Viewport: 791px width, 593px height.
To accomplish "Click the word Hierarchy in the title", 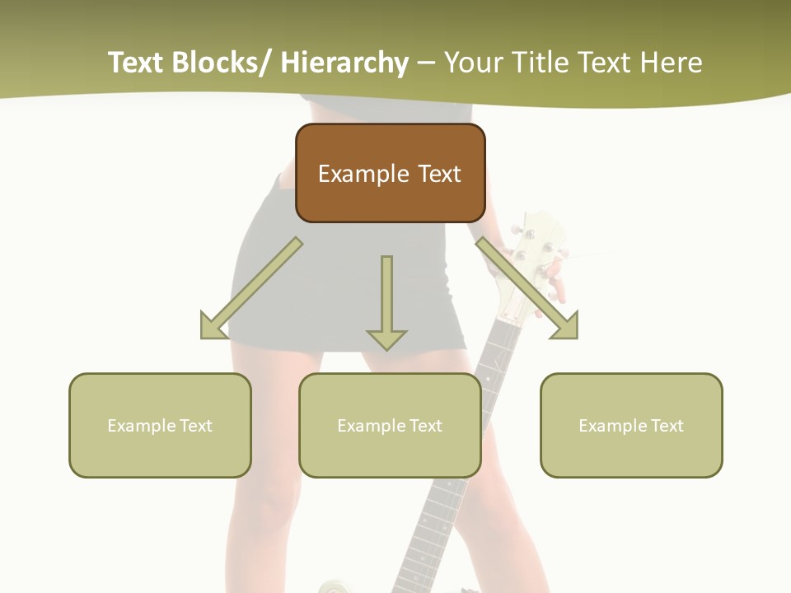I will (x=344, y=63).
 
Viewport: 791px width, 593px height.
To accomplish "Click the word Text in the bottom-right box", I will (x=667, y=426).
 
